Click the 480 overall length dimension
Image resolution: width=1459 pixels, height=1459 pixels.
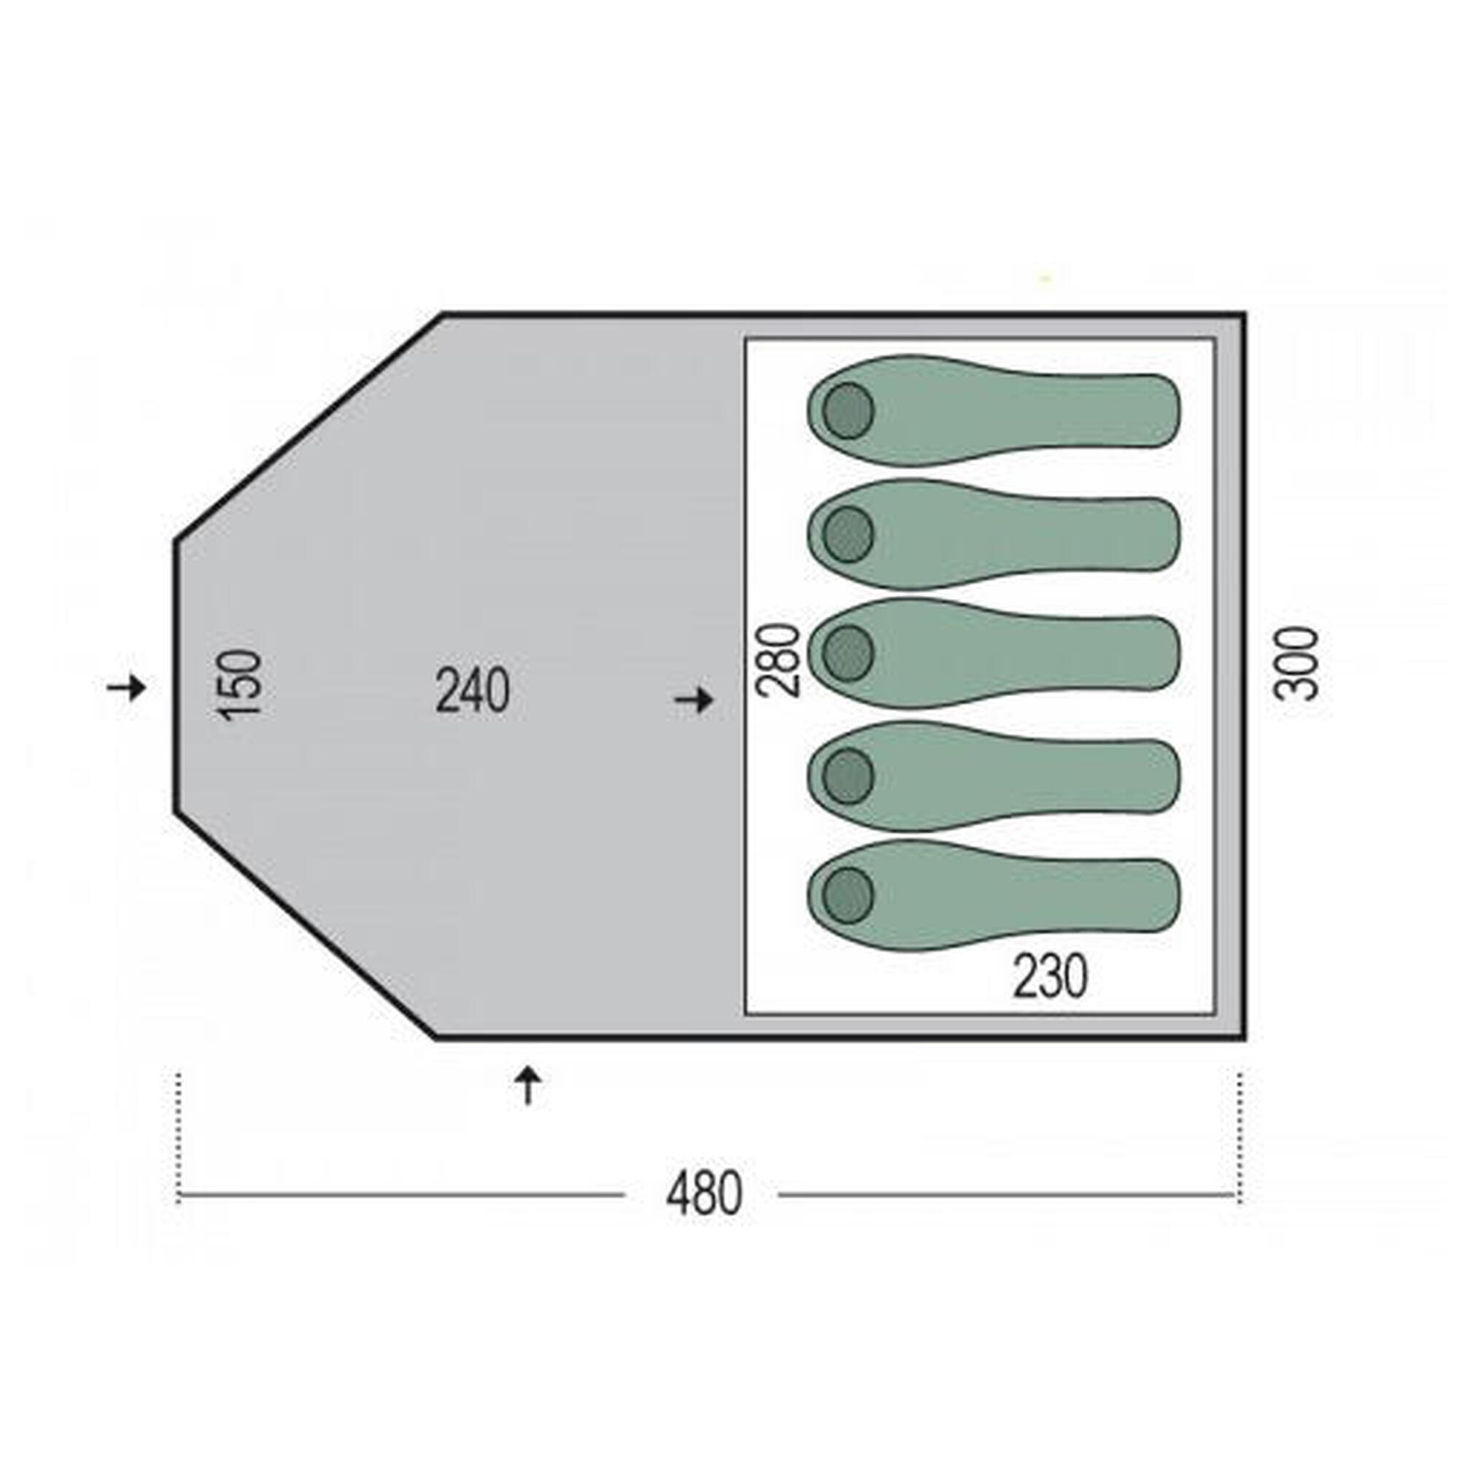click(704, 1195)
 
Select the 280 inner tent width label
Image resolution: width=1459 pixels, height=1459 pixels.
click(778, 659)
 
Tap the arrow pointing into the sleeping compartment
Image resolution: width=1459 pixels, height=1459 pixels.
click(693, 701)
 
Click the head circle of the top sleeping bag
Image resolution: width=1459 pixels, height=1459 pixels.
click(848, 411)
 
